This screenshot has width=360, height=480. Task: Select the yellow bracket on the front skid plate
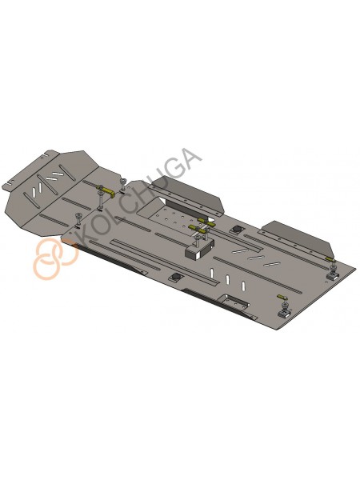click(x=105, y=190)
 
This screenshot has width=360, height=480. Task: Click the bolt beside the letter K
click(x=78, y=220)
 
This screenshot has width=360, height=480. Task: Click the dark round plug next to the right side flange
click(x=237, y=229)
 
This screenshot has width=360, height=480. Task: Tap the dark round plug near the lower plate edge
click(x=176, y=277)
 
